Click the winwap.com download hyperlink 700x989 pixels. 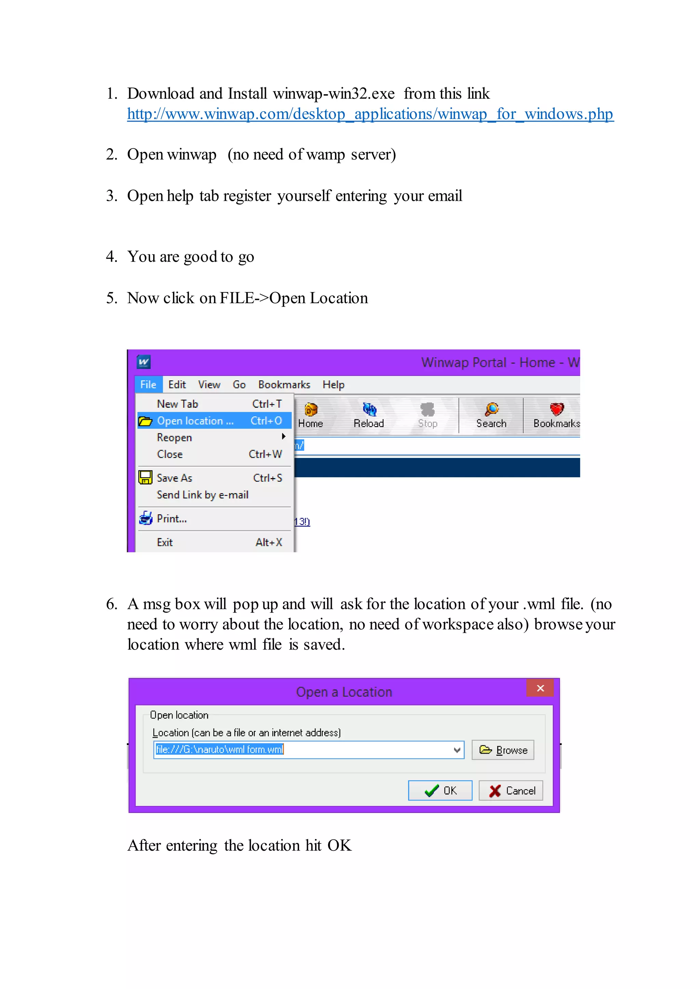click(370, 114)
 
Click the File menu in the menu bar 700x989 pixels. click(148, 385)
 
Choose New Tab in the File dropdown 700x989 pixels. click(177, 404)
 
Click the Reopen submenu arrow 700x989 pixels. click(284, 437)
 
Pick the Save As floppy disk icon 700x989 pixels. click(145, 478)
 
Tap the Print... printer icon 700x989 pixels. click(146, 518)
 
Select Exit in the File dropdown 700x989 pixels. click(165, 542)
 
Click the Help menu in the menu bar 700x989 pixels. click(333, 385)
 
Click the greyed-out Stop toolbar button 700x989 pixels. click(428, 415)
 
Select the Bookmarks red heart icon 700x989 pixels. click(556, 409)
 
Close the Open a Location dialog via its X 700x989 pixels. click(540, 688)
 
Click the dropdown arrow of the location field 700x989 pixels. click(457, 750)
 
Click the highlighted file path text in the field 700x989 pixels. click(219, 750)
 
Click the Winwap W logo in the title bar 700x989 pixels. click(144, 362)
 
